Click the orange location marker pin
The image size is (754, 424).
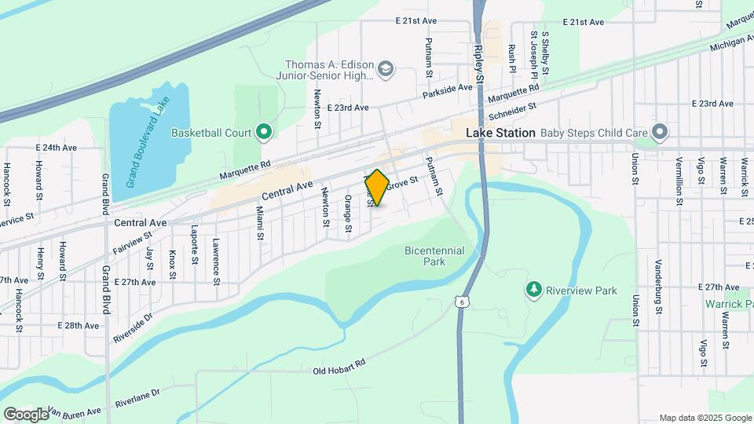tap(377, 188)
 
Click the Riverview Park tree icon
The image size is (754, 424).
tap(534, 291)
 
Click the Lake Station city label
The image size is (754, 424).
tap(500, 133)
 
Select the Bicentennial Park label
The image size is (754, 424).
tap(434, 256)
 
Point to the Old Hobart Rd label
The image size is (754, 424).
tap(339, 369)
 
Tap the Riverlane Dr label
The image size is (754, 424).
tap(137, 397)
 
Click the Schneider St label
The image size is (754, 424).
tap(512, 112)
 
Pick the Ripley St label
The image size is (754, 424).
tap(479, 60)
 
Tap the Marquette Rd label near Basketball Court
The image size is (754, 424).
tap(244, 165)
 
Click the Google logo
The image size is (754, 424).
tap(26, 414)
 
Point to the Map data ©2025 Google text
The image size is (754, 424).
tap(704, 418)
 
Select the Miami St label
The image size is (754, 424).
tap(260, 224)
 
